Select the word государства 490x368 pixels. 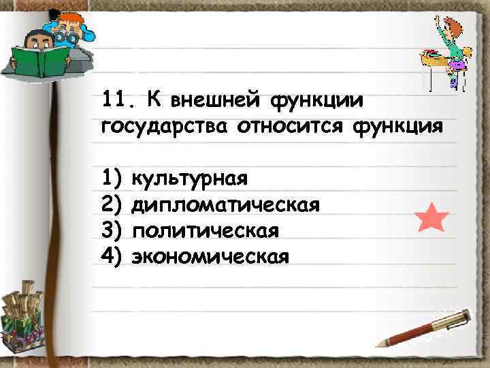[163, 127]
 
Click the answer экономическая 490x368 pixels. [210, 257]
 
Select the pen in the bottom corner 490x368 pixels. [425, 328]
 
